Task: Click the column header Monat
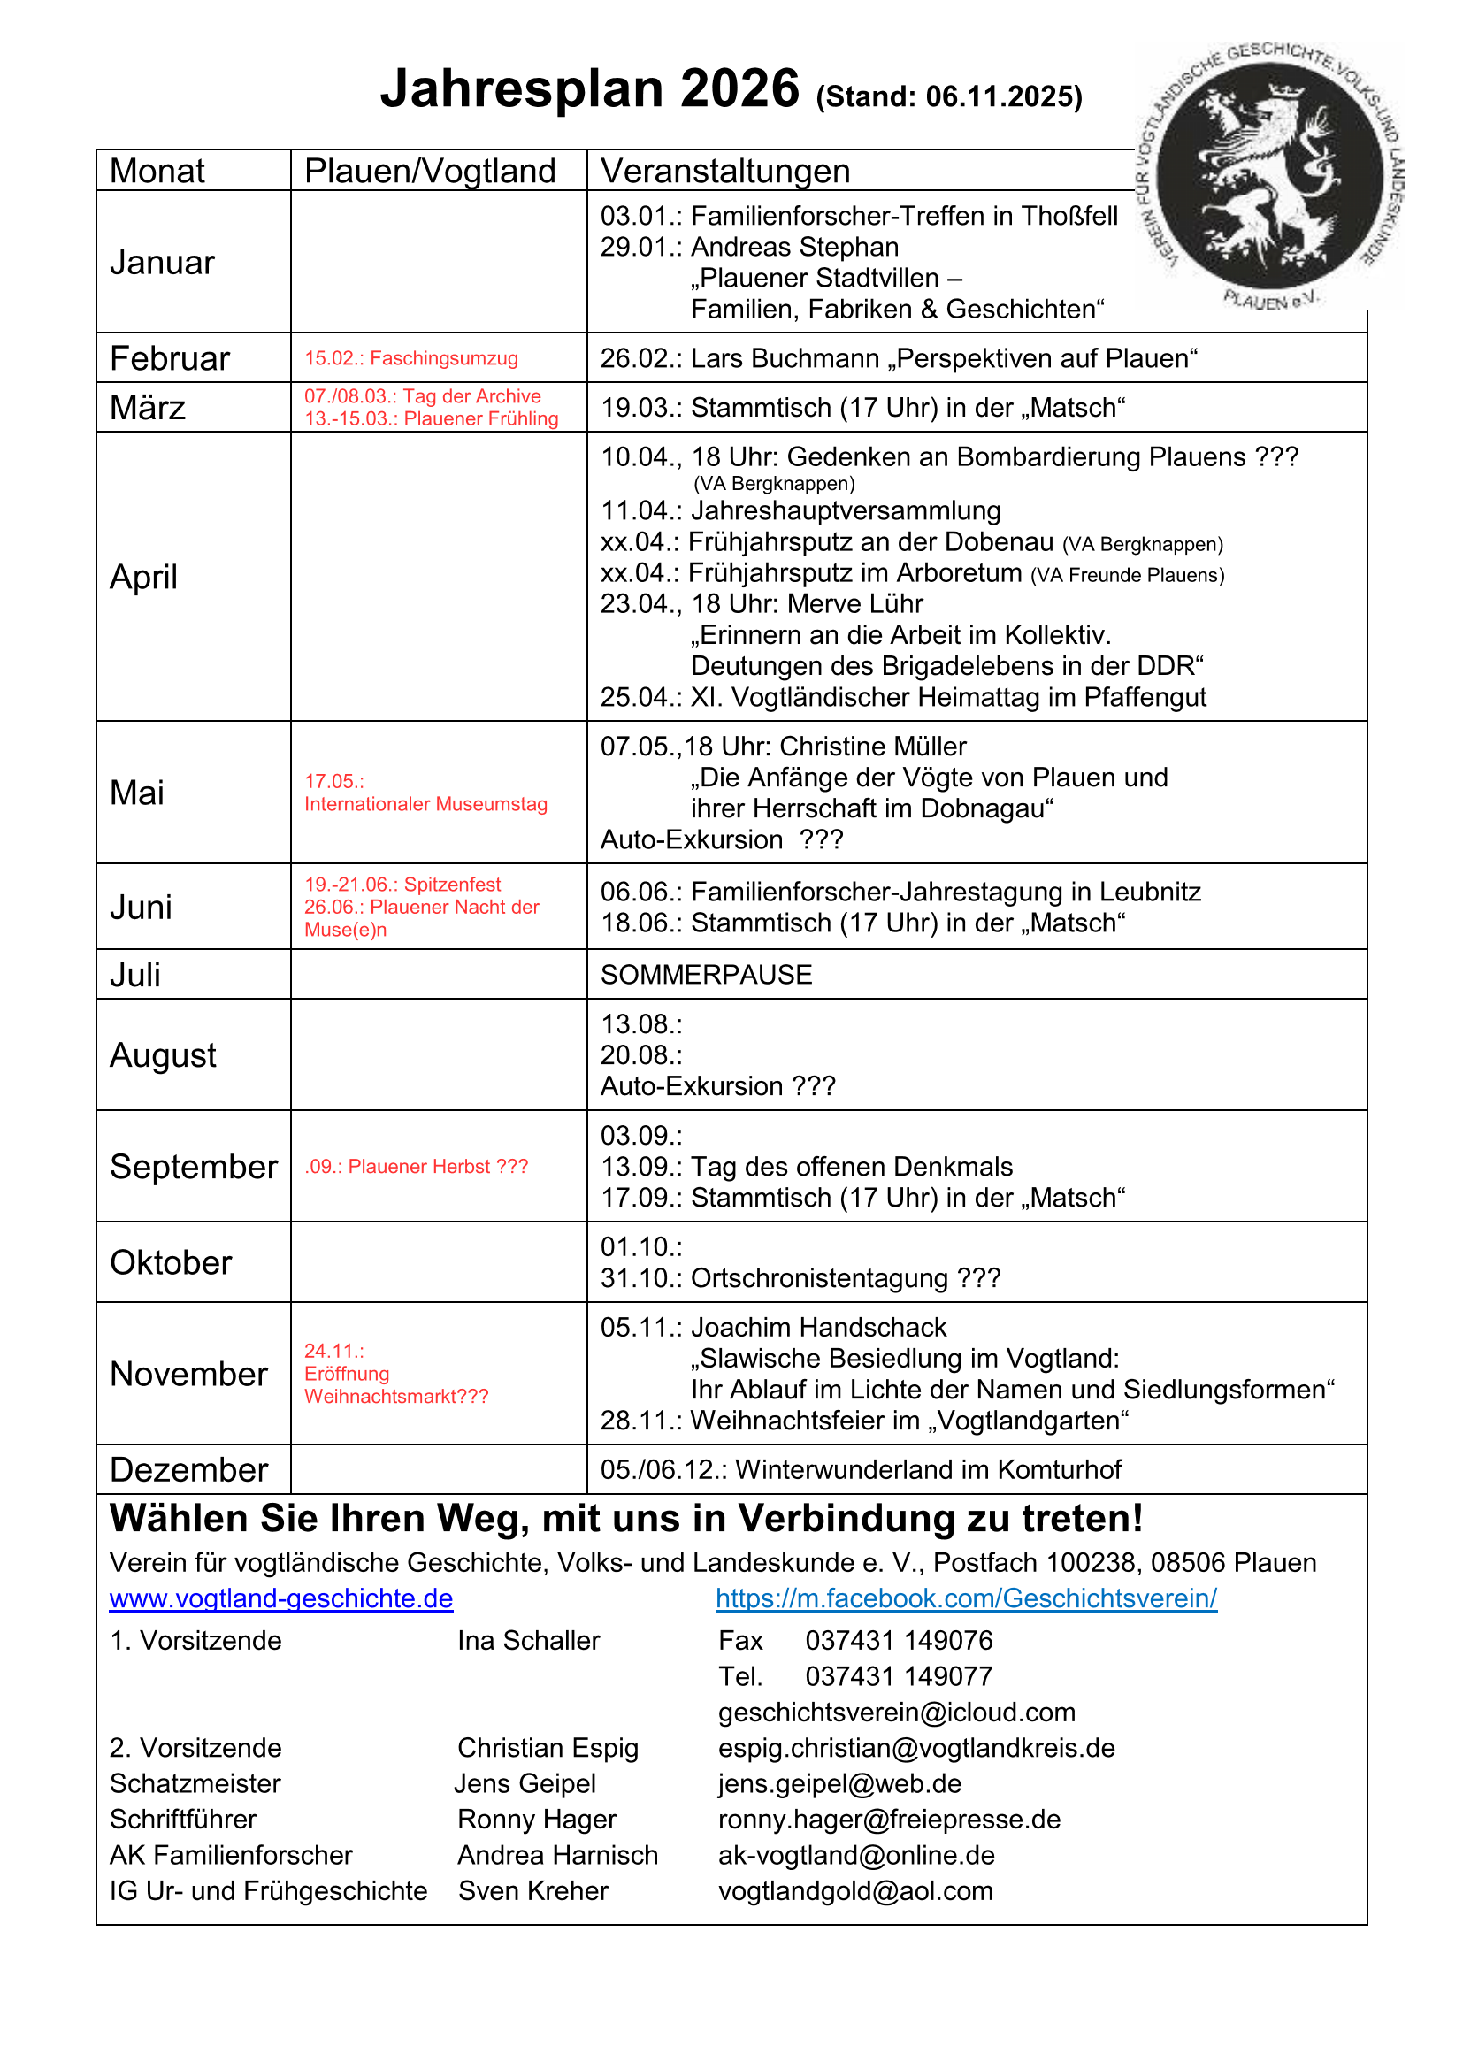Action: [157, 172]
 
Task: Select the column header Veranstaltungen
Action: [725, 172]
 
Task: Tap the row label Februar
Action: [169, 358]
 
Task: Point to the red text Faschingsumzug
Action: [444, 358]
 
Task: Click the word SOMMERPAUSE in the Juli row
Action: [706, 975]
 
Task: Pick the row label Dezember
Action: [188, 1470]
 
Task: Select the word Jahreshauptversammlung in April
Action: [846, 511]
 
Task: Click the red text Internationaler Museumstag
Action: [425, 804]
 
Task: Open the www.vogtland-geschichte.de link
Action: [281, 1598]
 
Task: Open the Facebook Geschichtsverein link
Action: [966, 1598]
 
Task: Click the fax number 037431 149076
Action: [898, 1640]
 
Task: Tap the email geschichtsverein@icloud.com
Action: [896, 1713]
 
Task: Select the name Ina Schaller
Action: [528, 1640]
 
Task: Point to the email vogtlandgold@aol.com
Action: [855, 1890]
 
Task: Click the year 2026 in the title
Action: [739, 89]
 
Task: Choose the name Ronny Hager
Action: [536, 1820]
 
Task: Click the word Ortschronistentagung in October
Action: [820, 1279]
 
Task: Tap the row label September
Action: [193, 1167]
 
